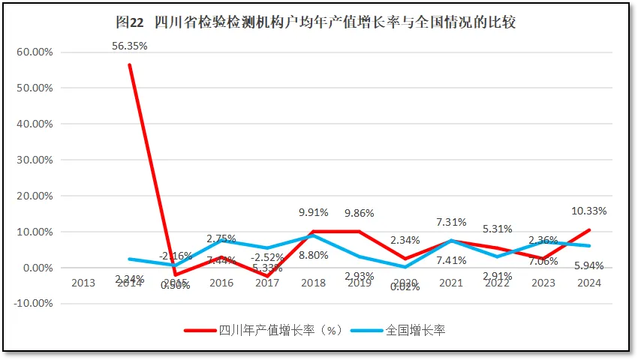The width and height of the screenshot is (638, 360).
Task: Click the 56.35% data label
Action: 130,46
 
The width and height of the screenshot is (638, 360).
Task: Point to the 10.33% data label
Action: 589,211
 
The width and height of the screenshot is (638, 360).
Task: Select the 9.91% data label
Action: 314,211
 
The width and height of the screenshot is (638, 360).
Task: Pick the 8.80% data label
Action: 314,255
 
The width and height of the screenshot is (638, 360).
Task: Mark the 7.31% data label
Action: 451,222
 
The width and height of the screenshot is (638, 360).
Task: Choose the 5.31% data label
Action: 497,229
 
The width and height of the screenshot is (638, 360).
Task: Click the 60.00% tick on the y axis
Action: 35,52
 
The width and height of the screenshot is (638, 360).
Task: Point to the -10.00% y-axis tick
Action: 33,304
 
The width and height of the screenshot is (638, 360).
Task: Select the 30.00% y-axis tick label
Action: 35,160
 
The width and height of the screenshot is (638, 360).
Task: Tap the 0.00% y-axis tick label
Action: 37,268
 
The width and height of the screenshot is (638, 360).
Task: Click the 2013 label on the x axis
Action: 83,283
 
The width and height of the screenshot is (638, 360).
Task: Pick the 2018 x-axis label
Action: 314,283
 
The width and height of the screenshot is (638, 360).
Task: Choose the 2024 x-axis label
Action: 589,283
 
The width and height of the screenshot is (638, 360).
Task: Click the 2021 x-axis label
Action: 451,283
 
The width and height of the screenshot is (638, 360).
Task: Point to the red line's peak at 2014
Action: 130,64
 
